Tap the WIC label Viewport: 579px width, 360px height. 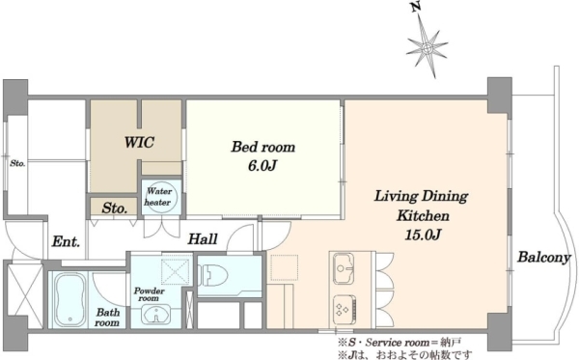[x=139, y=142]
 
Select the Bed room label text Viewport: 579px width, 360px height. [x=263, y=147]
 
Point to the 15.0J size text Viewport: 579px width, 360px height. [x=423, y=235]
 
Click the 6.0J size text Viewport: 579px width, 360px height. [x=262, y=166]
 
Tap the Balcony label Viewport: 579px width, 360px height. [x=544, y=258]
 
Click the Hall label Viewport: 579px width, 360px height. [x=203, y=239]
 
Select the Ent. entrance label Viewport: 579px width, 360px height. [x=66, y=241]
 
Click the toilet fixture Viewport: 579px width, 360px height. [x=213, y=275]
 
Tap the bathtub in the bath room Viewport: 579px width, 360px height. [x=70, y=299]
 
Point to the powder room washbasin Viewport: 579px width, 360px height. [x=156, y=315]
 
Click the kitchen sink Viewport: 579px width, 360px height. [x=344, y=268]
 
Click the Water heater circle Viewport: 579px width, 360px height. [x=161, y=197]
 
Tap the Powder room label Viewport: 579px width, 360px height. [x=150, y=294]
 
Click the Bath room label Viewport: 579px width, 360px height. [x=107, y=318]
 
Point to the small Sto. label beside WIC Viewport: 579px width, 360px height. [x=115, y=208]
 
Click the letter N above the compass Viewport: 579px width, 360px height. [x=417, y=7]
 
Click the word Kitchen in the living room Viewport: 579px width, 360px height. [x=423, y=215]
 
